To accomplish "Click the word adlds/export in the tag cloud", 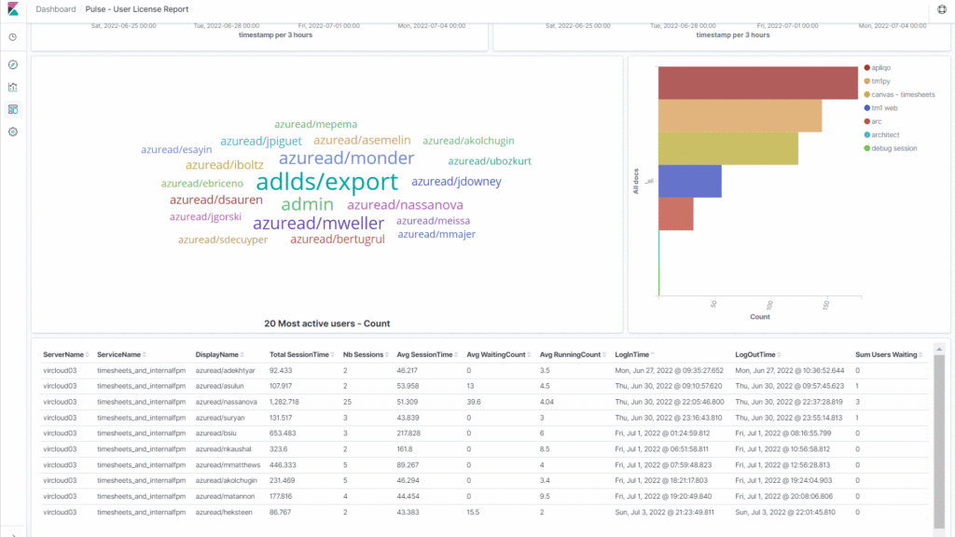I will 326,182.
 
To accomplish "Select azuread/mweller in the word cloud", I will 318,224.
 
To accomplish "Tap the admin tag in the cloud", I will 307,204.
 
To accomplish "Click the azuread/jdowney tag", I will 456,182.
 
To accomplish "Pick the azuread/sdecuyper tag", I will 223,240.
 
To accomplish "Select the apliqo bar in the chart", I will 757,83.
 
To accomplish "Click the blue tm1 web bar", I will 689,181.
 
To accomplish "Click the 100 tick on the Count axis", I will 770,305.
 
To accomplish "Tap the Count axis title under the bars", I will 759,317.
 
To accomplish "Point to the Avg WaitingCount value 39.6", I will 474,402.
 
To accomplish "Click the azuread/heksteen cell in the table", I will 219,512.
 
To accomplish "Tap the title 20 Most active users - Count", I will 326,324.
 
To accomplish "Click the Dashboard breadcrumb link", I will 55,9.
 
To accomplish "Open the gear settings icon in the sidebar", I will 13,131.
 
